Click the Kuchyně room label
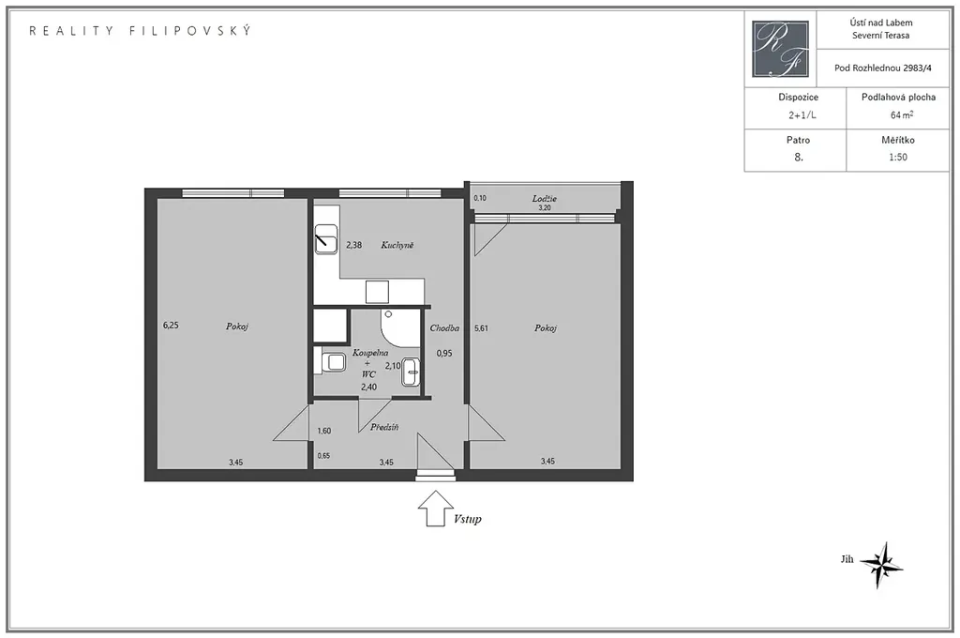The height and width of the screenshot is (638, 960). click(397, 245)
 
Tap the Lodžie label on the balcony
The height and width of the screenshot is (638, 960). click(545, 199)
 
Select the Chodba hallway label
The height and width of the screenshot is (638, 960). click(444, 327)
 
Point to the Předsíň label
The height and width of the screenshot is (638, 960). click(384, 427)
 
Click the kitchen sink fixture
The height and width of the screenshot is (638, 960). click(325, 239)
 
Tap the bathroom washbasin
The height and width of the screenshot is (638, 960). click(411, 372)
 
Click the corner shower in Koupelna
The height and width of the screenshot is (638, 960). click(400, 328)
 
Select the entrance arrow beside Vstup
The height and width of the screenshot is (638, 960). click(435, 509)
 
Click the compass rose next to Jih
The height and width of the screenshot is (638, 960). click(881, 564)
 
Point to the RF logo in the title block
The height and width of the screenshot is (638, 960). click(781, 49)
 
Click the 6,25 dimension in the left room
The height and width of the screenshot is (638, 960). click(171, 326)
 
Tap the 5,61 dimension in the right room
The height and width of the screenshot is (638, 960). click(481, 328)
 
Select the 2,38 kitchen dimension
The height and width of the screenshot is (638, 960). click(353, 245)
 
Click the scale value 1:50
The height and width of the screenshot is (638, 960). click(898, 157)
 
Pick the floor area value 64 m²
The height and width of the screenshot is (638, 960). click(902, 114)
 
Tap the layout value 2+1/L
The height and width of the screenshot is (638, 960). click(802, 115)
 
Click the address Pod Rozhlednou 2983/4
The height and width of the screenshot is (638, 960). click(883, 68)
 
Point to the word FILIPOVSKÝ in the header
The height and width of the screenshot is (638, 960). click(190, 31)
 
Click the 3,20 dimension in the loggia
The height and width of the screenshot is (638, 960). click(545, 207)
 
